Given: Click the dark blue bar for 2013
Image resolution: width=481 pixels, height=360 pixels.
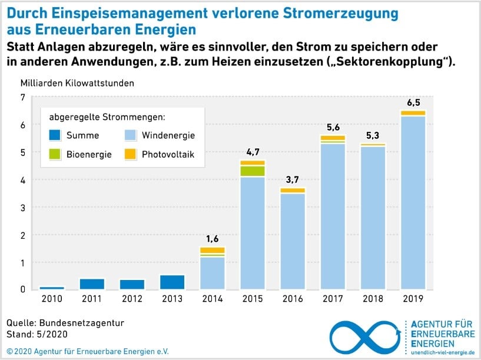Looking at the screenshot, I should (x=173, y=282).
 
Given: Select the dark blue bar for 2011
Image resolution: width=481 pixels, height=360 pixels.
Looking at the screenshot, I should (x=92, y=284).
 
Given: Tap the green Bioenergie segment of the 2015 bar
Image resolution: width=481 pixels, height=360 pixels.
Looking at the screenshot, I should (x=253, y=171).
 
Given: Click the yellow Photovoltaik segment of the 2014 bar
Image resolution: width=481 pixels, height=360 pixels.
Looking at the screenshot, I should (x=213, y=250).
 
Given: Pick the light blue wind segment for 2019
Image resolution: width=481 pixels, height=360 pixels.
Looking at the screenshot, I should (x=413, y=203).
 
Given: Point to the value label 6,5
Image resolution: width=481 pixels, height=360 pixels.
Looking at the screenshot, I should (x=413, y=102).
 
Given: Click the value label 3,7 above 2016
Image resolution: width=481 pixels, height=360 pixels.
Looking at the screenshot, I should (x=293, y=179).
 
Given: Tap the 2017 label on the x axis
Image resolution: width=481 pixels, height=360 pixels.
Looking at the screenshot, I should (x=333, y=299).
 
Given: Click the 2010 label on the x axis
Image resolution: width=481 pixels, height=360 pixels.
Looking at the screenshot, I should (x=52, y=299).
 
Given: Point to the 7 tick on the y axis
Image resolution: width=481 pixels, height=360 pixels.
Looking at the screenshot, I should (x=22, y=97).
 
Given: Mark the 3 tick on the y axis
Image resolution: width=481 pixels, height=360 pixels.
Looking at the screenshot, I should (x=22, y=207).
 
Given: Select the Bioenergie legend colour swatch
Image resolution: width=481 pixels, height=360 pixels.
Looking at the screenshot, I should (x=55, y=155).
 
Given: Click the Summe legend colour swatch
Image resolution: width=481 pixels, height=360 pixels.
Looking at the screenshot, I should (x=55, y=135).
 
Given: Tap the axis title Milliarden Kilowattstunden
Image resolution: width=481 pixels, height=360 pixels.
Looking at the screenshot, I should (x=77, y=83).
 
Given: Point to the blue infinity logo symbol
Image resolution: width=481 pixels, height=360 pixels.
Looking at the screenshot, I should (x=365, y=338).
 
